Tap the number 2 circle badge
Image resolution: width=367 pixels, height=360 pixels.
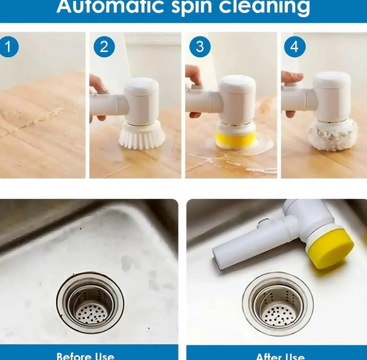click(104, 47)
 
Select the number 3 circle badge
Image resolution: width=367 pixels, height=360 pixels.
click(200, 47)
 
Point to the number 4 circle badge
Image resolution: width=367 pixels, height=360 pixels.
click(295, 47)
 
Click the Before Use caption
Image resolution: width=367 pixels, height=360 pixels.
click(85, 356)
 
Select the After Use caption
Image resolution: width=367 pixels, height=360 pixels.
click(280, 356)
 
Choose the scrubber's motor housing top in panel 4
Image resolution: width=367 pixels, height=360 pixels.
click(332, 79)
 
